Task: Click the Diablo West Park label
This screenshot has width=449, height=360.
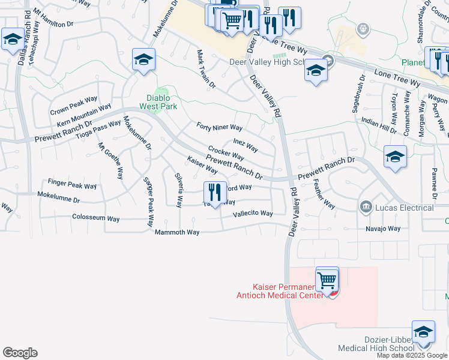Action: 159,102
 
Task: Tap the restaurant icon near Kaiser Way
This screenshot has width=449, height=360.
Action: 215,193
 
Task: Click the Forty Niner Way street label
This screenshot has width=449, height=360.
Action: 219,127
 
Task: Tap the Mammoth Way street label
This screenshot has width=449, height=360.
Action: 176,232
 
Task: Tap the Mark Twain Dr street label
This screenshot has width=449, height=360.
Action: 206,69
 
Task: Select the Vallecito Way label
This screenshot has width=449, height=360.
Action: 253,213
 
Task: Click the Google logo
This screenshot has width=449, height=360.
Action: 20,353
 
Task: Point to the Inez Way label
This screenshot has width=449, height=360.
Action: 246,145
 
